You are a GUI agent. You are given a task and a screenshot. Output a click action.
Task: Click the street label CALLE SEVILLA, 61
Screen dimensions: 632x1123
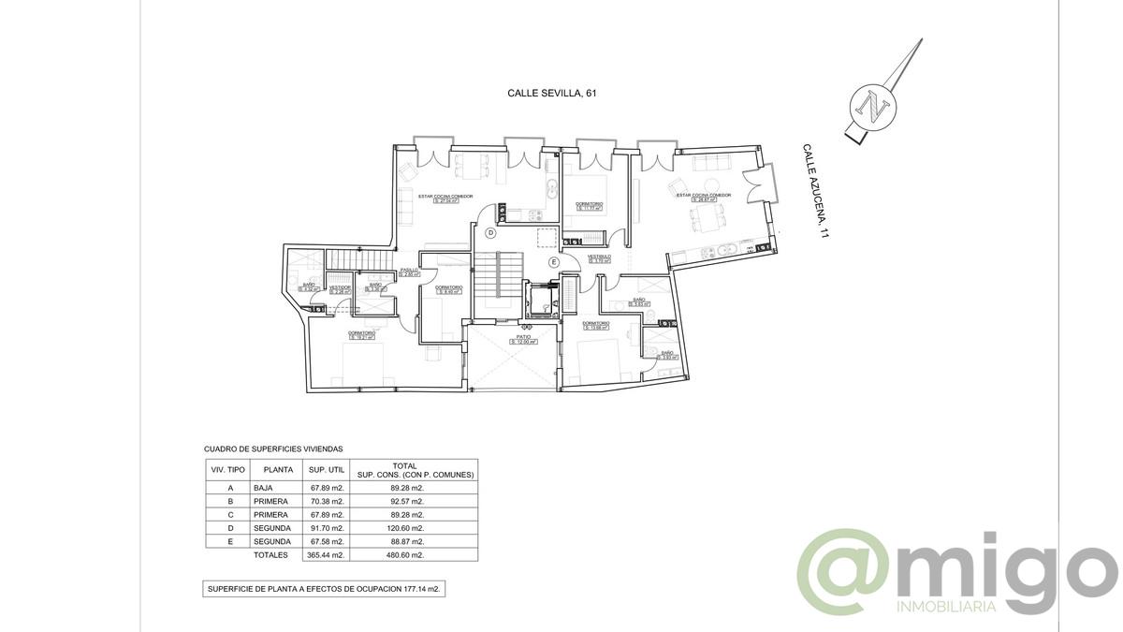[x=551, y=93]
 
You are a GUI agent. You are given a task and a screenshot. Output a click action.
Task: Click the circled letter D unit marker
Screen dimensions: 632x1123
[x=490, y=233]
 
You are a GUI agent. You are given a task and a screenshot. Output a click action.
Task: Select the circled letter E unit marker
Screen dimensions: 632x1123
[x=553, y=263]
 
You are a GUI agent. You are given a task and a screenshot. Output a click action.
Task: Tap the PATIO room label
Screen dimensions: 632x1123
[x=523, y=340]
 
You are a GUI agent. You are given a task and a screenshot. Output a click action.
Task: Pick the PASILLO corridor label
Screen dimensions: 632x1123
[x=410, y=272]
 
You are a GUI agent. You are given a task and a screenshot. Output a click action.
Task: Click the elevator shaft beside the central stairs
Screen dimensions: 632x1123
[x=541, y=301]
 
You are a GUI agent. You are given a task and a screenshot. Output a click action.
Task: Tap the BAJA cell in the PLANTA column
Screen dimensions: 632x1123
[x=263, y=488]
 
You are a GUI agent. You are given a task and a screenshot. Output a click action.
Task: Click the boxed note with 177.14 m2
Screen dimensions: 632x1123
[x=324, y=589]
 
